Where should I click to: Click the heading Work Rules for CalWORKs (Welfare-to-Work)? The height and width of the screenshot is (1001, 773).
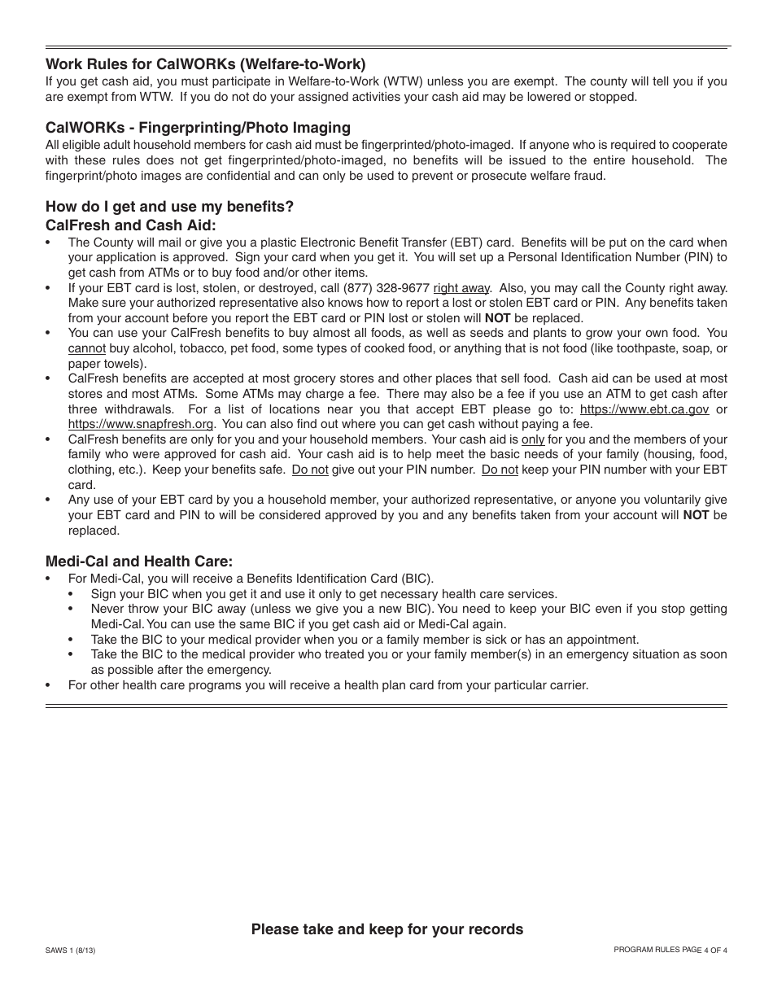click(206, 63)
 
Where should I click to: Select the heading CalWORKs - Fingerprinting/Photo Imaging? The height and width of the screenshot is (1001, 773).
click(198, 127)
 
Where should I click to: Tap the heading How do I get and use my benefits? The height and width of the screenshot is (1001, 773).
click(169, 206)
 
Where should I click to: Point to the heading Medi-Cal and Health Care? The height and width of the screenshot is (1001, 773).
click(139, 561)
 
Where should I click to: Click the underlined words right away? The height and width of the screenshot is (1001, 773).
click(461, 288)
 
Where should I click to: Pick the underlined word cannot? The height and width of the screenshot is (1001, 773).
click(87, 348)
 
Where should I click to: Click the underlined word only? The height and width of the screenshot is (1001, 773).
click(533, 439)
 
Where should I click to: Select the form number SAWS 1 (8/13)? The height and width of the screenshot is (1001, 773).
click(76, 950)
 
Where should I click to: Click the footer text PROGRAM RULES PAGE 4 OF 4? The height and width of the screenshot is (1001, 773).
click(670, 950)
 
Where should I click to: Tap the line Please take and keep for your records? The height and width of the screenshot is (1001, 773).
click(386, 929)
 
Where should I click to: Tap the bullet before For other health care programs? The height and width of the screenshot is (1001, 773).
click(49, 685)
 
